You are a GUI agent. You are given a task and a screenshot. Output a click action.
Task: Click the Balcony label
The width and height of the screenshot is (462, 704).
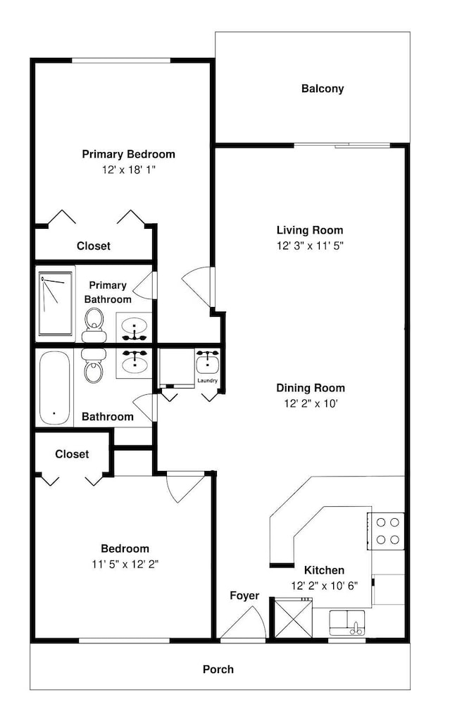point(323,89)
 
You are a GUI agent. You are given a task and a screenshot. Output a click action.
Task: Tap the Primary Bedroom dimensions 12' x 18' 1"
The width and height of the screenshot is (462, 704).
point(128,170)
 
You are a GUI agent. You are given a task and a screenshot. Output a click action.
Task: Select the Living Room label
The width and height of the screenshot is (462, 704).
point(310,230)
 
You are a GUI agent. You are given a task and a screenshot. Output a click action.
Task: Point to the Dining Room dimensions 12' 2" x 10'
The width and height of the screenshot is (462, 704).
point(311,403)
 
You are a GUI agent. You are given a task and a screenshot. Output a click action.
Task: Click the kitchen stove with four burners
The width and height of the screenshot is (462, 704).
point(386,531)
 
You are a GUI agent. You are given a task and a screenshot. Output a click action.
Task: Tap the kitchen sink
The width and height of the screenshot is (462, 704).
point(347,623)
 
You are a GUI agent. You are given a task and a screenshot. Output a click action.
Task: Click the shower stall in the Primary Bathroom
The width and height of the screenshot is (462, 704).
point(55,303)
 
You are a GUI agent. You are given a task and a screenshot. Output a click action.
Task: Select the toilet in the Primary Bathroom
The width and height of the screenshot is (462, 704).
point(94,325)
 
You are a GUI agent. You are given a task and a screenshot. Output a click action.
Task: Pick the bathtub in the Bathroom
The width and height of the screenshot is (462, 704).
point(54,388)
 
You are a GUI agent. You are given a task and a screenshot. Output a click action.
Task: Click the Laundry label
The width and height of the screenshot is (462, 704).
point(208,381)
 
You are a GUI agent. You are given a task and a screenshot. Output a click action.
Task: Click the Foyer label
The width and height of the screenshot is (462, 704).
point(244,596)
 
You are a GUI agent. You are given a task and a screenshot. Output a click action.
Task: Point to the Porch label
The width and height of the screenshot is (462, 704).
point(218,670)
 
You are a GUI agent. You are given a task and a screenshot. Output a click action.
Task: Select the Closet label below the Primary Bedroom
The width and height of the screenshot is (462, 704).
point(94,246)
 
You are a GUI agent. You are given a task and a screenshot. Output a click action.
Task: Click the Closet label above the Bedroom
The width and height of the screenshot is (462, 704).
point(72,454)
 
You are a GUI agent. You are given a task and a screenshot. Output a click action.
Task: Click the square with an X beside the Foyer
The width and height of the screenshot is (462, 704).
point(293,618)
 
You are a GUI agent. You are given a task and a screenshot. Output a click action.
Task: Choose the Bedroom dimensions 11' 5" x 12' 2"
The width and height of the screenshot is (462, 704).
point(125,564)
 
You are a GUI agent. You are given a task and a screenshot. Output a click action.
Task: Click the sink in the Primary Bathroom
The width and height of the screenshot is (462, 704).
point(135,327)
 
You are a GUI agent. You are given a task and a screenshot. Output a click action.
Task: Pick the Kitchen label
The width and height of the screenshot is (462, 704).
point(324,570)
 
